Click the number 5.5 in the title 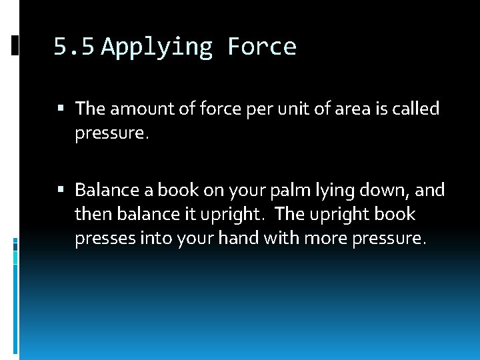coord(75,47)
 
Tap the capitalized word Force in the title coord(261,47)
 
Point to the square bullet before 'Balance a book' coord(62,191)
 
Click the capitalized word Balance coord(103,190)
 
